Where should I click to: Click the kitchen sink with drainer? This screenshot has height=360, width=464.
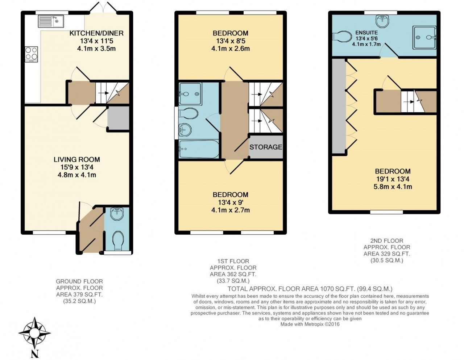(x=51, y=21)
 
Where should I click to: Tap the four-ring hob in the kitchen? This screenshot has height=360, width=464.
(x=32, y=53)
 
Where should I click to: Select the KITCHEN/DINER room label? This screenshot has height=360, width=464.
(x=97, y=33)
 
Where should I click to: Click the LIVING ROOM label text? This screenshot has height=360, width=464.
(x=77, y=159)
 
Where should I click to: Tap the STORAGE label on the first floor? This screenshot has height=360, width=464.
(x=266, y=147)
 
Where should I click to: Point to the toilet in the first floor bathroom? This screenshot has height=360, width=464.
(x=188, y=113)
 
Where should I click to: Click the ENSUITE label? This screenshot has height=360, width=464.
(x=366, y=33)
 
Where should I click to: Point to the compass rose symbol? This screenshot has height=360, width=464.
(x=34, y=333)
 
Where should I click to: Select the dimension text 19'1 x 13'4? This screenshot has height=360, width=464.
(x=393, y=179)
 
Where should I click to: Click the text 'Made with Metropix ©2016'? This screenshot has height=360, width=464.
(x=310, y=325)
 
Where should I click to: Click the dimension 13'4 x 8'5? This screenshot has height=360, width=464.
(x=231, y=41)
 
